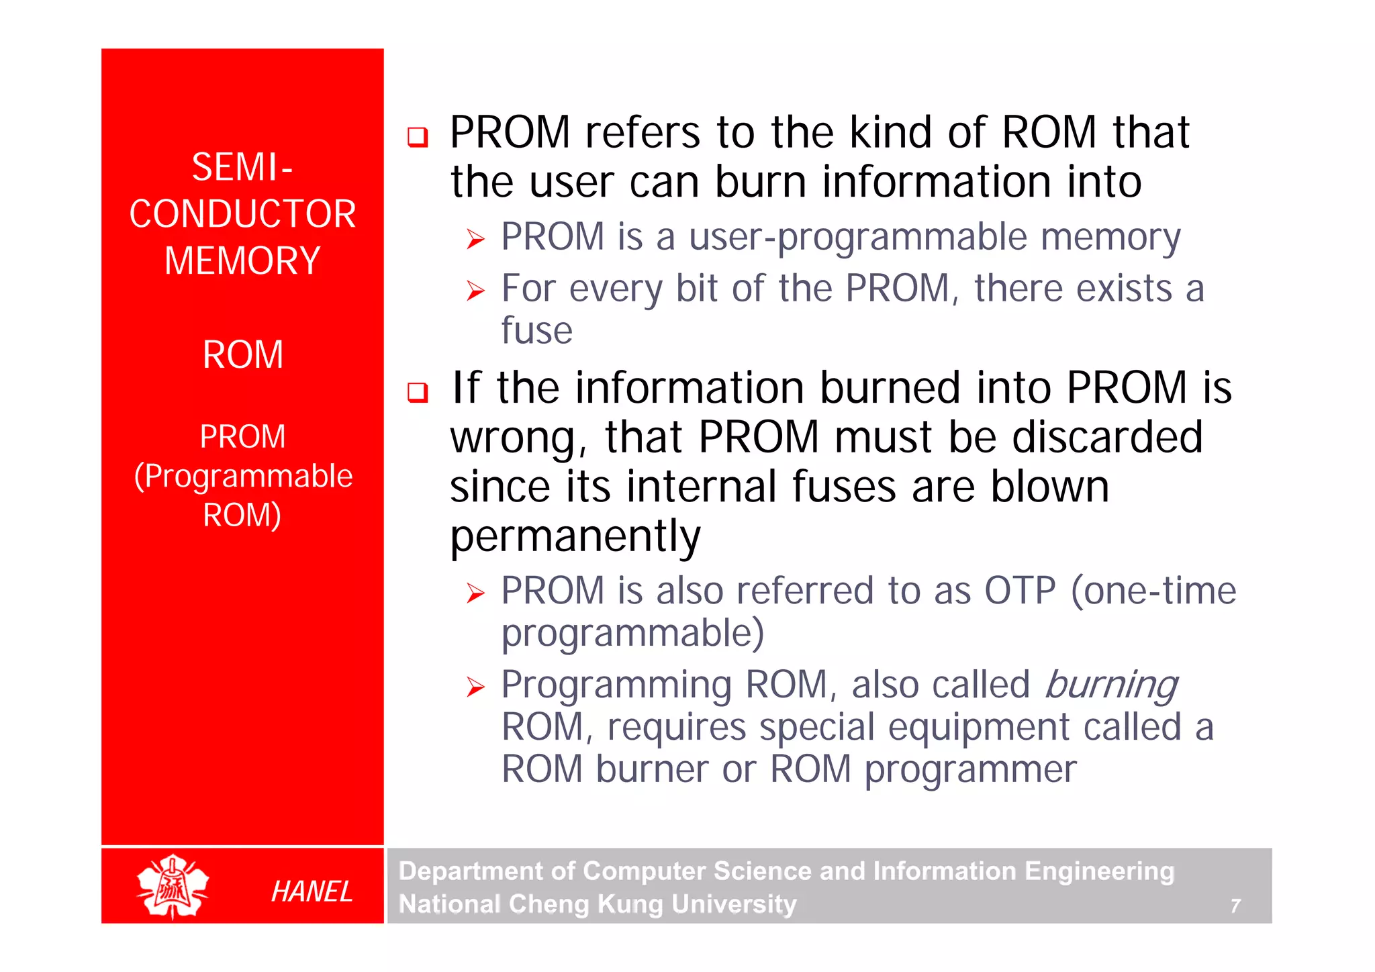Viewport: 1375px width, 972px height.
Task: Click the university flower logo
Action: click(x=173, y=886)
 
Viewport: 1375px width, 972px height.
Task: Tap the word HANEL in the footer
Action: click(x=312, y=891)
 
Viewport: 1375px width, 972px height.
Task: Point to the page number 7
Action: click(x=1235, y=906)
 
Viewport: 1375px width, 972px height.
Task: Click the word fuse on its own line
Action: click(x=537, y=330)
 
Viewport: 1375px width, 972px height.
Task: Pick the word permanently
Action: click(x=575, y=536)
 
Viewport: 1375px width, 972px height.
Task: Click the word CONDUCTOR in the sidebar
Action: click(x=242, y=214)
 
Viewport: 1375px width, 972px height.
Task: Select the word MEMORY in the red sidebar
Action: click(x=242, y=261)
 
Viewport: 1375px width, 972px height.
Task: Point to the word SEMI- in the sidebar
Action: click(x=242, y=167)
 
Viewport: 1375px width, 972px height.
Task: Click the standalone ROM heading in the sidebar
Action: click(x=243, y=355)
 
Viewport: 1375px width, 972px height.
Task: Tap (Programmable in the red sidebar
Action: click(x=243, y=477)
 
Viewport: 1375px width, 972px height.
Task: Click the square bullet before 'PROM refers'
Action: click(x=418, y=137)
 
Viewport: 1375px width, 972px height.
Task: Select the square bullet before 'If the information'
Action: click(x=418, y=392)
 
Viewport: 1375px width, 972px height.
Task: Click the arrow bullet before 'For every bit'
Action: click(x=475, y=291)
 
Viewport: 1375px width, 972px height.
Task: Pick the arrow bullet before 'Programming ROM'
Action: click(x=475, y=687)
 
